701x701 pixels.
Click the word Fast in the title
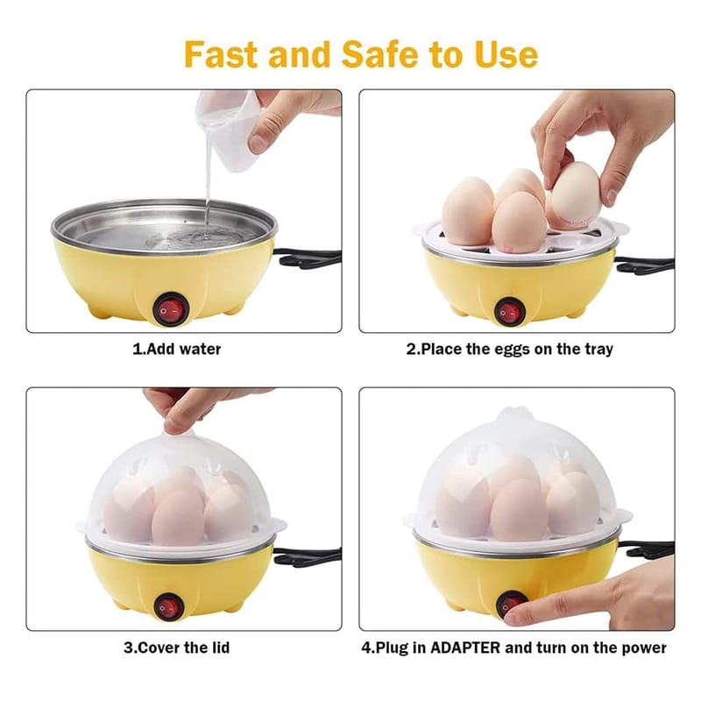[x=222, y=54]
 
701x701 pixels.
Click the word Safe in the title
[x=380, y=54]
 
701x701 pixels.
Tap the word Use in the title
[x=506, y=54]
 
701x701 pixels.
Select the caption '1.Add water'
[x=177, y=349]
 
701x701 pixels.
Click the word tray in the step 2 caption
[x=598, y=350]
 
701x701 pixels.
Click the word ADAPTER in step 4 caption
[x=465, y=648]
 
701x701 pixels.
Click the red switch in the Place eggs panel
[x=510, y=312]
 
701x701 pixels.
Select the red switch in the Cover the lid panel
[x=169, y=607]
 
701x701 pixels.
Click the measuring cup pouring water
[x=228, y=130]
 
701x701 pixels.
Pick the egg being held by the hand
[x=575, y=195]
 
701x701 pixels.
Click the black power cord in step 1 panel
[x=308, y=258]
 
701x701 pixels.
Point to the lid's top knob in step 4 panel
[x=515, y=414]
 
